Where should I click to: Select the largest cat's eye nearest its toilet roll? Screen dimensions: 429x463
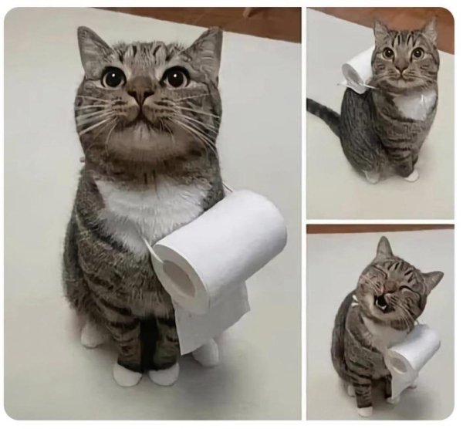click(x=175, y=77)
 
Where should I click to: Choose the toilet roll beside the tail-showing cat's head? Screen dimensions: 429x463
click(x=358, y=69)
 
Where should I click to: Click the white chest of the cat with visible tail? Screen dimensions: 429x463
click(x=415, y=104)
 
